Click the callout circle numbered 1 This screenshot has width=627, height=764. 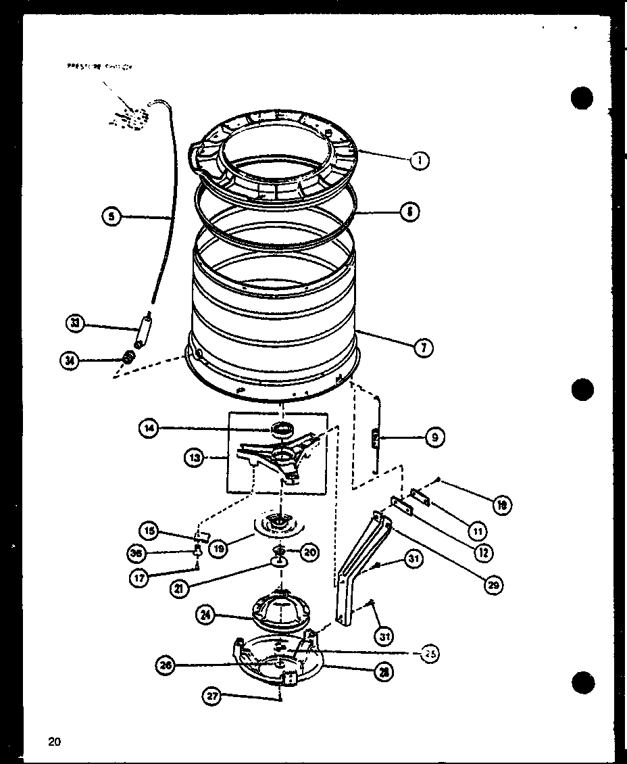click(x=420, y=162)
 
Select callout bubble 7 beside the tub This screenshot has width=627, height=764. click(x=423, y=348)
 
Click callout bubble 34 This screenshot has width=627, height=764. click(x=68, y=361)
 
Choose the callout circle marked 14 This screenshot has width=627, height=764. click(x=149, y=427)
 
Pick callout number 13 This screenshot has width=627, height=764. click(x=194, y=458)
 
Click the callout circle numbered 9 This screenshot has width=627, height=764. click(x=434, y=438)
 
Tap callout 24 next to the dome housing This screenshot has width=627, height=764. click(x=205, y=615)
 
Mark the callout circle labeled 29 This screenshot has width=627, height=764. click(x=495, y=585)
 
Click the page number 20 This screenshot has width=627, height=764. click(x=54, y=742)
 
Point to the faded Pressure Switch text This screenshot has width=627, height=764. click(x=99, y=67)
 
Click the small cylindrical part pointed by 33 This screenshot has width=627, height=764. click(x=142, y=334)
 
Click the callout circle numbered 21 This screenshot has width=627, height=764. click(x=179, y=588)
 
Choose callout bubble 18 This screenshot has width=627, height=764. click(x=502, y=504)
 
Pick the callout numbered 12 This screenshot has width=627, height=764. click(x=484, y=552)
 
